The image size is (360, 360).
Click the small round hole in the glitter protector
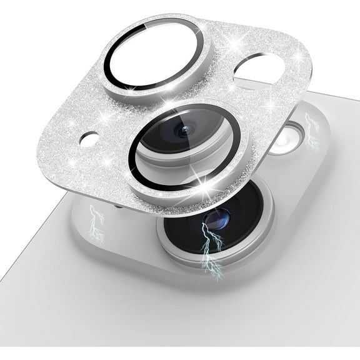(x=90, y=138)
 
